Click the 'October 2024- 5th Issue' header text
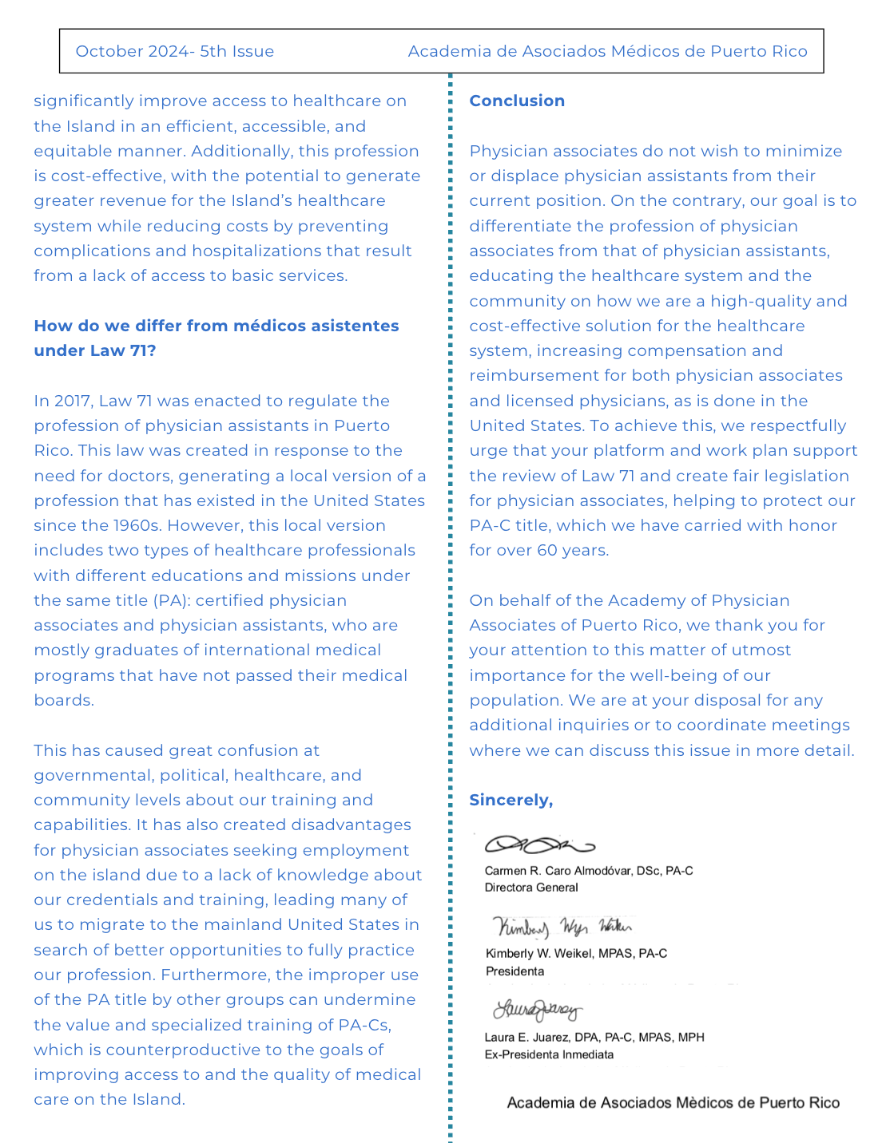click(x=174, y=51)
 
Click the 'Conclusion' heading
click(x=517, y=101)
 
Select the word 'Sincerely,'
click(x=511, y=800)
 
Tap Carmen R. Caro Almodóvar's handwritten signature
click(x=539, y=844)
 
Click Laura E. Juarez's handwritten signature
click(x=537, y=1010)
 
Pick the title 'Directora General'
click(x=530, y=888)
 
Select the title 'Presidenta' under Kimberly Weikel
click(x=514, y=971)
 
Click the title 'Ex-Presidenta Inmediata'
click(x=549, y=1054)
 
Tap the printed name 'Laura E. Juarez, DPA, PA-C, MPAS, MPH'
click(x=594, y=1037)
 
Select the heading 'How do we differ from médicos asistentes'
click(x=216, y=326)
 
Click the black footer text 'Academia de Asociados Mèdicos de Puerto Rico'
click(x=673, y=1102)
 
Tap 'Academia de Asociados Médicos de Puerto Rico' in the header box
click(x=607, y=51)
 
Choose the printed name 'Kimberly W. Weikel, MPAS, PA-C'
click(x=576, y=953)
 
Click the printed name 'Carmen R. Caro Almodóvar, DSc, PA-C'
click(x=588, y=870)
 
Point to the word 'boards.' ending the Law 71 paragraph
click(x=64, y=700)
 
